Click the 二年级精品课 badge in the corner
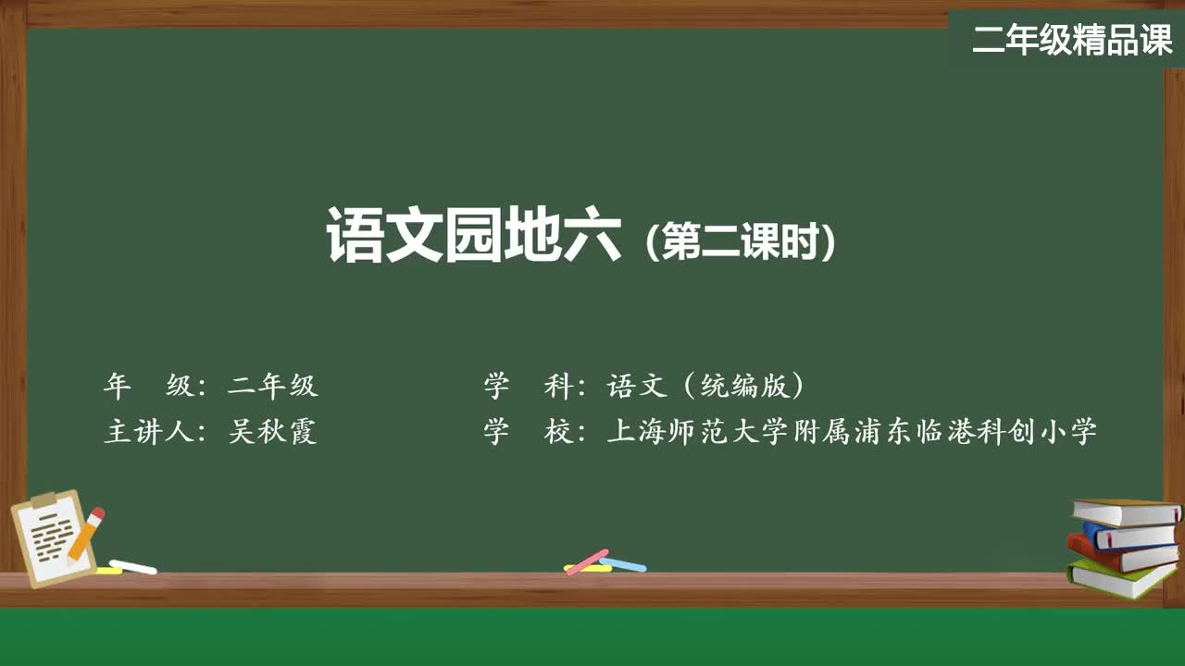pos(1072,39)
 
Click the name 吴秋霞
pos(273,431)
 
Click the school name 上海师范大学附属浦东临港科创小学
pos(852,431)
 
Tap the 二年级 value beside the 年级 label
pos(273,386)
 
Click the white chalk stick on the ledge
pos(133,566)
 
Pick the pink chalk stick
pos(586,561)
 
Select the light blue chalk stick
pos(623,563)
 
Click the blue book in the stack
pos(1129,535)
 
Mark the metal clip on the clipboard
pos(43,500)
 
